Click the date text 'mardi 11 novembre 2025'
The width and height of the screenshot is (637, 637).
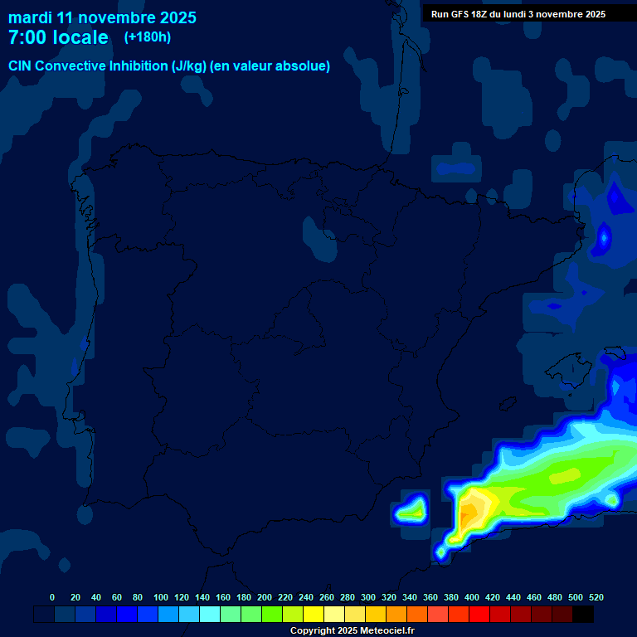[102, 17]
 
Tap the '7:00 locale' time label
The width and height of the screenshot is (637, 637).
[58, 38]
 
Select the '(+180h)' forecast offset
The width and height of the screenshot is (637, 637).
[148, 36]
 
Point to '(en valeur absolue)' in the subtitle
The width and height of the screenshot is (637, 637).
[270, 66]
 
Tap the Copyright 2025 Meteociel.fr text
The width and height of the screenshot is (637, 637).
[352, 630]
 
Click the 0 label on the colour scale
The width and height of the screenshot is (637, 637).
[52, 597]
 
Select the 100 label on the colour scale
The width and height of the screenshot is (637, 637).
[161, 597]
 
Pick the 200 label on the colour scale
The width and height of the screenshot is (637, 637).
[265, 597]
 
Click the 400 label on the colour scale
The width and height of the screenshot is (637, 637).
[472, 597]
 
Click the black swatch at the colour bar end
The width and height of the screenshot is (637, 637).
[583, 615]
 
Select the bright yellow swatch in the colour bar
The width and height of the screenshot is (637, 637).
[314, 615]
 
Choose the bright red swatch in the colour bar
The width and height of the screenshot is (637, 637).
[479, 615]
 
